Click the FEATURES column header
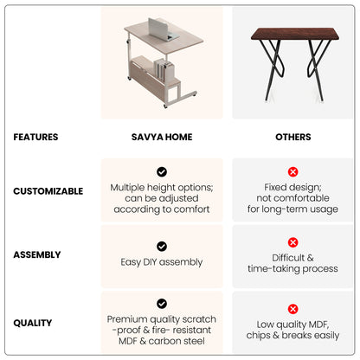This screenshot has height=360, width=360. [35, 137]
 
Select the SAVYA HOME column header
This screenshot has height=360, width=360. [162, 137]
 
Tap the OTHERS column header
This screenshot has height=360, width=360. [293, 137]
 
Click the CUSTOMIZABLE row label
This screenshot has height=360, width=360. [48, 191]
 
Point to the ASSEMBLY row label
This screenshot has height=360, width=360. [37, 254]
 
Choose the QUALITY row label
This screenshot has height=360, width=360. [33, 323]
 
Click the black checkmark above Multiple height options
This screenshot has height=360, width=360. [162, 172]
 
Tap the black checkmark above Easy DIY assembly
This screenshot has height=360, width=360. [162, 247]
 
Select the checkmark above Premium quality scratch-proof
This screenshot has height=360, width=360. [162, 304]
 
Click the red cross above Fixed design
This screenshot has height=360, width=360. [292, 172]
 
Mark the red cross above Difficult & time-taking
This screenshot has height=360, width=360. [292, 242]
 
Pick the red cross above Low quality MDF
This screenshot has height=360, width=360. [292, 309]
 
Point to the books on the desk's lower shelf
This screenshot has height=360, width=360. [164, 70]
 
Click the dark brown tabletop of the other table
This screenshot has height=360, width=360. [295, 34]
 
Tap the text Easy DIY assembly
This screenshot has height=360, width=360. [162, 262]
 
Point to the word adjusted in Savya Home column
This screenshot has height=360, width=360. [179, 198]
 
